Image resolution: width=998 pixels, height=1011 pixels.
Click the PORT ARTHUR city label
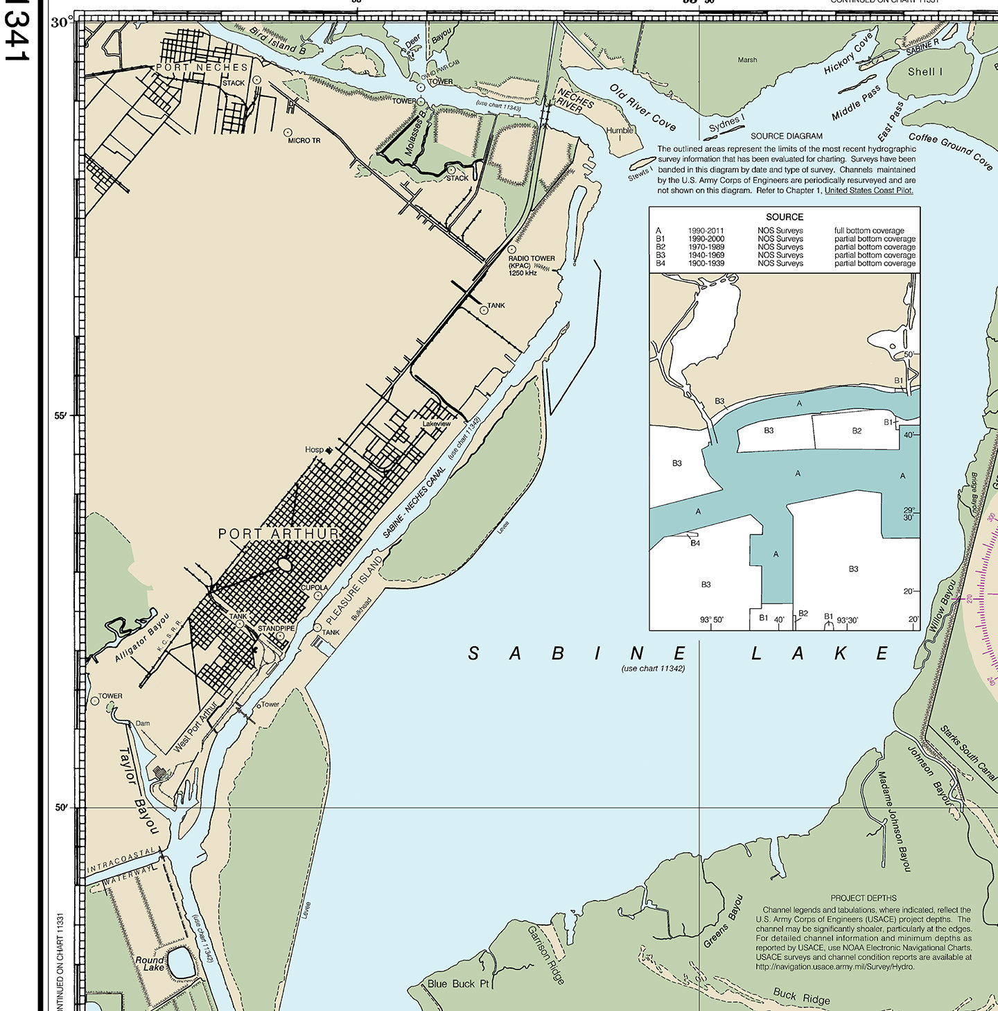point(279,534)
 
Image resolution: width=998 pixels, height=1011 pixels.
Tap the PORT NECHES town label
point(202,67)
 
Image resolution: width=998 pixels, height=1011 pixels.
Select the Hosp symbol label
point(314,449)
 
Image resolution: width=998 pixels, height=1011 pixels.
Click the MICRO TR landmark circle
point(288,132)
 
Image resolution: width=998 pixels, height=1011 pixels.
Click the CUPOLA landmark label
point(315,587)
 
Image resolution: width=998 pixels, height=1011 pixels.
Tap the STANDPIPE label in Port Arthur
point(277,629)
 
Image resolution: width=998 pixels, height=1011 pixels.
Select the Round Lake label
point(150,963)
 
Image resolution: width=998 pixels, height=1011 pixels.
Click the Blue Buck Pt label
point(458,983)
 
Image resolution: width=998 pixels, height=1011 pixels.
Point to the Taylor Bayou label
point(139,790)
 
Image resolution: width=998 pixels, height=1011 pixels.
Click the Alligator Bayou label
point(142,637)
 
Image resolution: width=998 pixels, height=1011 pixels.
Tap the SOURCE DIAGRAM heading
point(787,136)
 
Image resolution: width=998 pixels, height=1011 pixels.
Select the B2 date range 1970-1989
point(706,247)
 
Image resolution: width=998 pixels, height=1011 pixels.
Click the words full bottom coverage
point(869,231)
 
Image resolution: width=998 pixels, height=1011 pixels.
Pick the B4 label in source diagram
point(695,543)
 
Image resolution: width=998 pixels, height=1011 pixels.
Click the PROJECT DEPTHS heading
point(864,898)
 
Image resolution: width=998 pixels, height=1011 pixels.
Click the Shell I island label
point(925,71)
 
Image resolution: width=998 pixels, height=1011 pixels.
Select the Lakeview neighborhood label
point(437,423)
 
